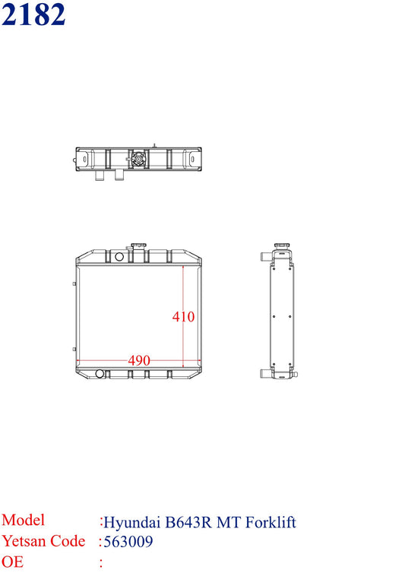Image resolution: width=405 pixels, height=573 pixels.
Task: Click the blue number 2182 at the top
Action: point(33,14)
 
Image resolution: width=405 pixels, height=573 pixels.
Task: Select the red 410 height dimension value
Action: point(183,316)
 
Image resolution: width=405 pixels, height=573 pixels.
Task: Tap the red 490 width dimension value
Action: point(139,361)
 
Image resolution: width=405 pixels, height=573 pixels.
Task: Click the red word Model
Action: point(23,520)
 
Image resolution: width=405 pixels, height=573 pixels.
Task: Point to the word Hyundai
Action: point(132,523)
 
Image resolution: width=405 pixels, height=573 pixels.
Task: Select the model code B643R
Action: point(188,522)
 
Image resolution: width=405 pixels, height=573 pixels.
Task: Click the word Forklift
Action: point(271,522)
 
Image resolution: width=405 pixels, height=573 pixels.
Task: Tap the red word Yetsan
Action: point(24,541)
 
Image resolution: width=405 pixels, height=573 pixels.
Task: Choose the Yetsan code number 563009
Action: point(128,542)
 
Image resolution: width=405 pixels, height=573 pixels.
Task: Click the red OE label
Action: point(12,562)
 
